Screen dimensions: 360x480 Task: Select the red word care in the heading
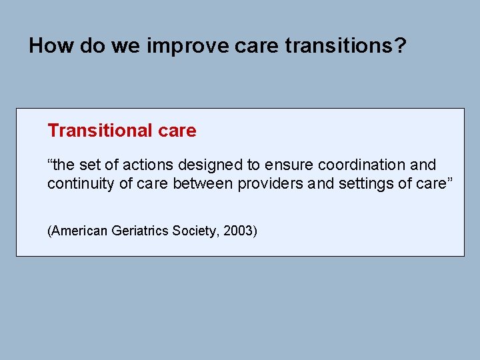[x=178, y=131]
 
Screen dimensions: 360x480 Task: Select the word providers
[x=266, y=183]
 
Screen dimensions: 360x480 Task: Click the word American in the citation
[x=77, y=231]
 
